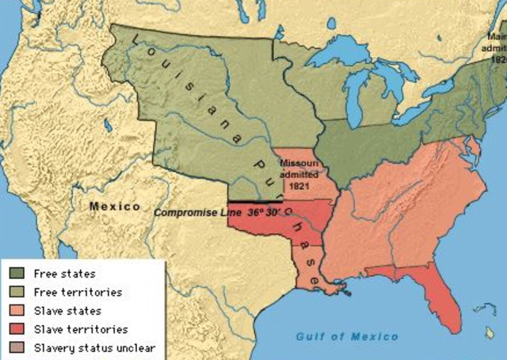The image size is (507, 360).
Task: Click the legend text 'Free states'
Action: tap(60, 274)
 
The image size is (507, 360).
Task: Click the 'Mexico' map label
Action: tap(114, 206)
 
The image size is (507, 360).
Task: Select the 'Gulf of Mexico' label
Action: tap(347, 337)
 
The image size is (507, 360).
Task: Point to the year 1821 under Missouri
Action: tap(298, 185)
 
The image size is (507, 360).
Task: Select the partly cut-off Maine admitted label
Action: tap(497, 47)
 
